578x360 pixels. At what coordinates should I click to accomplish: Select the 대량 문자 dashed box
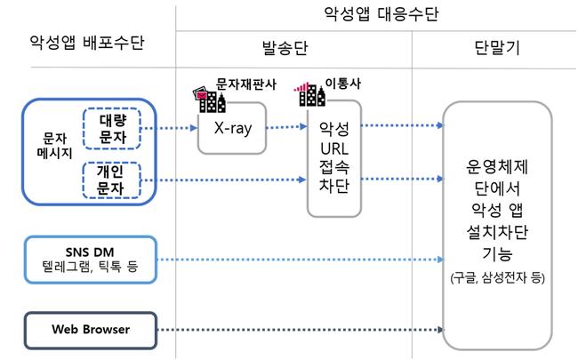pos(108,128)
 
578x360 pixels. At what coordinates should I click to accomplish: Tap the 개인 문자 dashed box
pos(108,180)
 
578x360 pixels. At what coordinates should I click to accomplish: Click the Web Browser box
pos(90,330)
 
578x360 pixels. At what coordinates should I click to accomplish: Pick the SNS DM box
pos(90,259)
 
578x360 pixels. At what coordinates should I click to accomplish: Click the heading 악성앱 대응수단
pos(382,15)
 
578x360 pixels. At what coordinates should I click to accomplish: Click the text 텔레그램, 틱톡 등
pos(90,268)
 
